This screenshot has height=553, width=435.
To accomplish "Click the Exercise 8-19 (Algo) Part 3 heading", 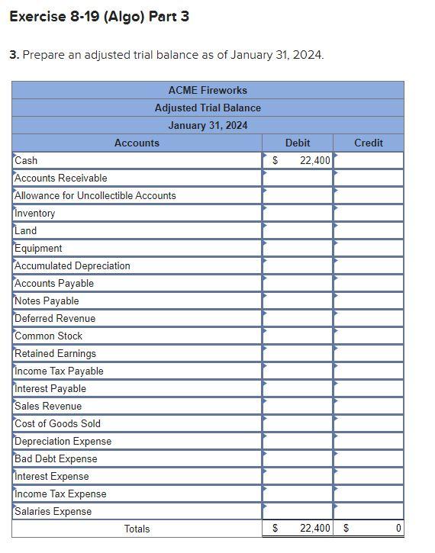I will pos(99,16).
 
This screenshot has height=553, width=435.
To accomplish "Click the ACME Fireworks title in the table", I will pos(208,90).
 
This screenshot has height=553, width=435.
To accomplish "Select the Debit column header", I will pos(298,143).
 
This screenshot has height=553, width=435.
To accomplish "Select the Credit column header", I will pos(369,143).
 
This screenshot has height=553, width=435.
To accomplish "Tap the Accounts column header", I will pos(137,143).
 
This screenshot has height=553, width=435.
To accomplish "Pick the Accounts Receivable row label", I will pos(61,178).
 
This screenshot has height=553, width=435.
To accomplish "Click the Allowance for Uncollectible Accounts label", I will pos(95,195).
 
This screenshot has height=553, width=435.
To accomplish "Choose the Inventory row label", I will pos(35,213).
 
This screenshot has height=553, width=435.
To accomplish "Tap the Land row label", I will pos(26,230).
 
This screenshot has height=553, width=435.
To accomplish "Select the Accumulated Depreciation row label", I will pos(72,265).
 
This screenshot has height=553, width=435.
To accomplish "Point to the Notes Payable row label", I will pos(47,301).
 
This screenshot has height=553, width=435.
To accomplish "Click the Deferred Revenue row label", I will pos(55,318).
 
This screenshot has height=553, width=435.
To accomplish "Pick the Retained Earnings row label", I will pos(56,353).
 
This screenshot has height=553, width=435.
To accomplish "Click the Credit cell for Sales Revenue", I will pos(369,406).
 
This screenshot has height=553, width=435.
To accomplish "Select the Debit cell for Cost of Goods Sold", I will pos(298,423).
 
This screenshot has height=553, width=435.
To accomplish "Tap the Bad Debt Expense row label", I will pos(56,458).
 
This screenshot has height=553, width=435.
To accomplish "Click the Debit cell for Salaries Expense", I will pos(298,511).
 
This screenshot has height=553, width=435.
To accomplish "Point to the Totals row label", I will pos(137,529).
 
